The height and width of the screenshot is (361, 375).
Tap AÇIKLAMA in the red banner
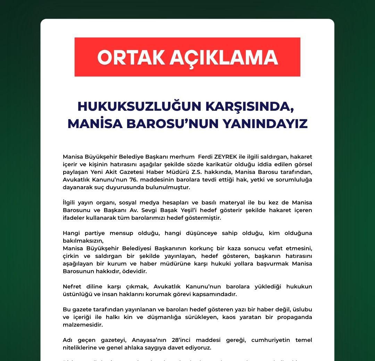(x=224, y=58)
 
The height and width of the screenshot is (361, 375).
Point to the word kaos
(x=229, y=317)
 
